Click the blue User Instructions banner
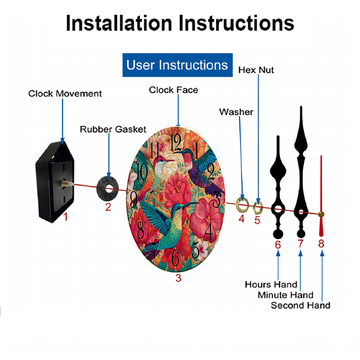coord(177,65)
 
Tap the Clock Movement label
coord(65,94)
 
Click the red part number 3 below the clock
coord(179,278)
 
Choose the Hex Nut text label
coord(256,70)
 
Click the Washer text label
coord(236,112)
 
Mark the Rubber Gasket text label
coord(113,129)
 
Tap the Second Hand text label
coord(300,306)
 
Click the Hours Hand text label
coord(271,284)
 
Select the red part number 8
coord(321,244)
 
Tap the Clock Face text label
coord(174,90)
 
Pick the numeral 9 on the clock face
coord(134,199)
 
